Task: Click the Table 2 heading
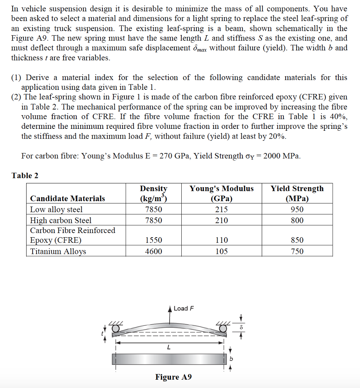pos(25,175)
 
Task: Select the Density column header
pos(154,193)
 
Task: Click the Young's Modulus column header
pos(222,193)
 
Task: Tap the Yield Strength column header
pos(297,193)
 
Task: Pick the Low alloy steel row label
pos(56,210)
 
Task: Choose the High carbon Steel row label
pos(61,221)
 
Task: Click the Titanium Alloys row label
pos(58,252)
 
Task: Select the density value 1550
pos(154,240)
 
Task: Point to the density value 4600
pos(154,252)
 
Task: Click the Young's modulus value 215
pos(222,210)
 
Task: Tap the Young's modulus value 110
pos(222,240)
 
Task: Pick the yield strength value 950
pos(297,210)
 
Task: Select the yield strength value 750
pos(297,252)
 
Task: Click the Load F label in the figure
pos(184,308)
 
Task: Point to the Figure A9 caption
pos(173,377)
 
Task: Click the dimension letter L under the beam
pos(168,347)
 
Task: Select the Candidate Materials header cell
pos(68,199)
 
